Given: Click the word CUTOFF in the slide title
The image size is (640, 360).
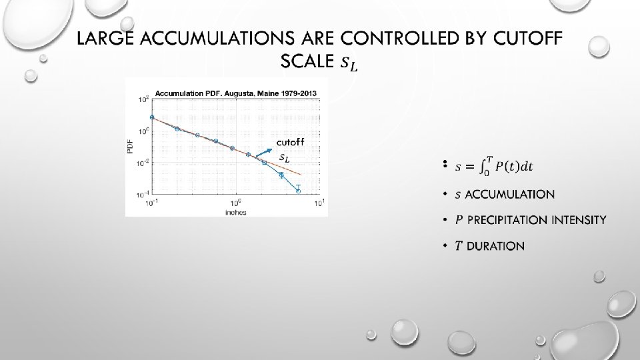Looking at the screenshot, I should coord(527,39).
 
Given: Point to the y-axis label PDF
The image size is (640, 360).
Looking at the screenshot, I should coord(131,147).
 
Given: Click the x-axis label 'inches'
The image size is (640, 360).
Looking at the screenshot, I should coord(236,213).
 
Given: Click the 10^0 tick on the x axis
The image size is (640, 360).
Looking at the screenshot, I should coord(235,203).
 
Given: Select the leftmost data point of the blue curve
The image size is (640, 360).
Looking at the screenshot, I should coord(152,117).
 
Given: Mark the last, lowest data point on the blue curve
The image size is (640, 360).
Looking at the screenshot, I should coord(298,191).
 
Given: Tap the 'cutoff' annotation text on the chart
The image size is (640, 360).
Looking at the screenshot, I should coord(290,142).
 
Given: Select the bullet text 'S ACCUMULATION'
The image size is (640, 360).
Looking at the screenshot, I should coord(505,195).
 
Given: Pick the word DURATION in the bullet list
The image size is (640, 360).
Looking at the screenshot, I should coord(495,246).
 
